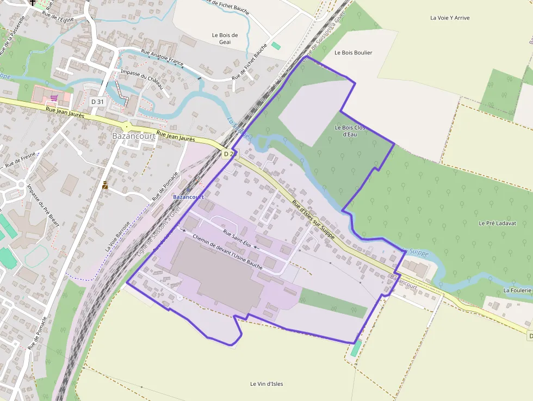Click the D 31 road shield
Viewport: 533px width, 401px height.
pos(97,102)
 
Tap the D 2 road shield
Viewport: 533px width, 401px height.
pos(228,154)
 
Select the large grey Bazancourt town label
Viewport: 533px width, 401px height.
pos(134,135)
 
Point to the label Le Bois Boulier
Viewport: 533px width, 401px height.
pos(354,53)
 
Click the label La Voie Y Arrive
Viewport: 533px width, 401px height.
pos(450,18)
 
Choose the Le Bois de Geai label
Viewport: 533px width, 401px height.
pos(225,39)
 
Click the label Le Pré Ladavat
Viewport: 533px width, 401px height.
pos(497,223)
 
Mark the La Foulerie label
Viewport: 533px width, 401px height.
pos(517,290)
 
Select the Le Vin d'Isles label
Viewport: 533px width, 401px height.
pos(266,384)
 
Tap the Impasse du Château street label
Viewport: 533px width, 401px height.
pos(141,79)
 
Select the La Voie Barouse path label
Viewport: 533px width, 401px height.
pos(118,236)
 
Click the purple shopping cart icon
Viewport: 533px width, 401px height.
pos(53,98)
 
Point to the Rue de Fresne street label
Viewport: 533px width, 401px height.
pos(21,159)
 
